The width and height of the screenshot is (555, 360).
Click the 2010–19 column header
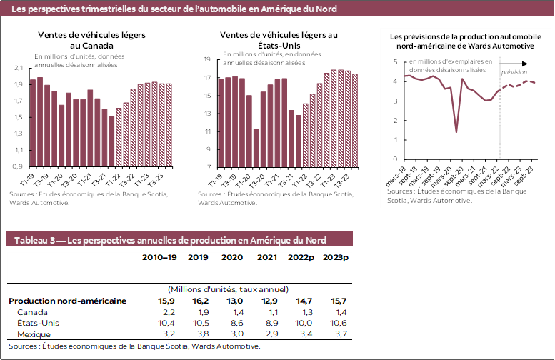159,258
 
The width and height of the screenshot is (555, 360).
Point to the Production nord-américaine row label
67,301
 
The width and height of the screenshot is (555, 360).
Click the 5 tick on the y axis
395,62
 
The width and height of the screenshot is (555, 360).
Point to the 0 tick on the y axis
395,159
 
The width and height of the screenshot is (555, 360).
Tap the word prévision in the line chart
514,72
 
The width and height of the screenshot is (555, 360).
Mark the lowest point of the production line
456,132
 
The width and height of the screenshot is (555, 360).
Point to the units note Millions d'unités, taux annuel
228,289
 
